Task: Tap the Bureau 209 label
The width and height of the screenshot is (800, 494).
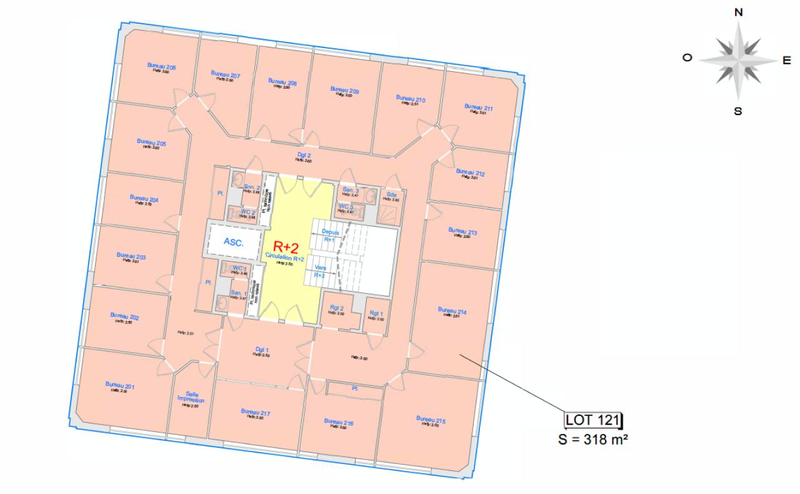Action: coord(344,89)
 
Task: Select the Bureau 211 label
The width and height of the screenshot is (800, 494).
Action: coord(479,108)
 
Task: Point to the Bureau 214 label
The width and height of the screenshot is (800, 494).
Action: coord(452,310)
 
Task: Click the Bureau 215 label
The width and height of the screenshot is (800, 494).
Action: coord(431,420)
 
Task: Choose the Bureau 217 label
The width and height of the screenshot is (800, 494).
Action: coord(256,412)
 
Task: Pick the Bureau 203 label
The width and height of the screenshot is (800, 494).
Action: coord(131,256)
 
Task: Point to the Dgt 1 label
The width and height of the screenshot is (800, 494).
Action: coord(262,350)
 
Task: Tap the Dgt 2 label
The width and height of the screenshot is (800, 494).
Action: coord(304,155)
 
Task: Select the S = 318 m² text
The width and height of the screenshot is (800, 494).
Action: coord(592,438)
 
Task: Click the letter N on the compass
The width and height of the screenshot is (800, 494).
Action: coord(739,12)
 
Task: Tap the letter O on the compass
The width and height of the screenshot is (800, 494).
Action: coord(687,57)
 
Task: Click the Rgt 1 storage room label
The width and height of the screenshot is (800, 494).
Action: coord(376,314)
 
